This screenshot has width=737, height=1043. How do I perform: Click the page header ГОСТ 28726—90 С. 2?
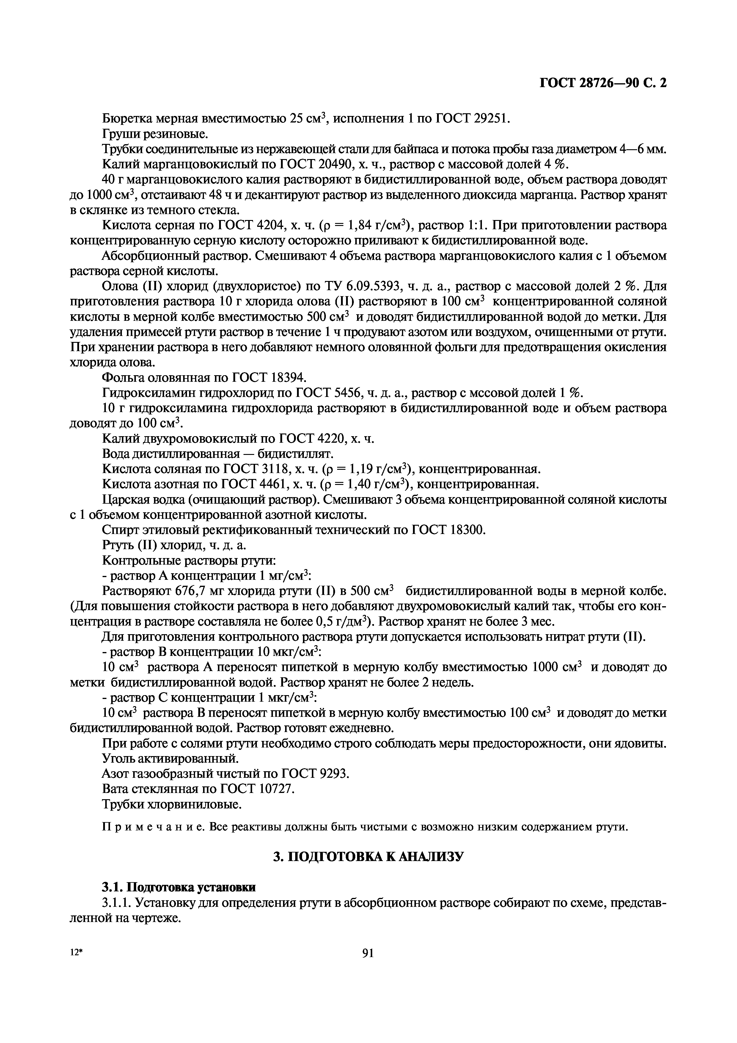(x=603, y=83)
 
